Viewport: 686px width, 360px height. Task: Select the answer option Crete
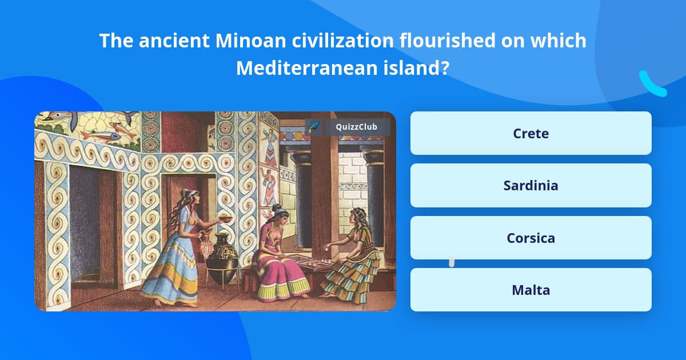pyautogui.click(x=531, y=133)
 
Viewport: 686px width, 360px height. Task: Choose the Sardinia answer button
pyautogui.click(x=531, y=185)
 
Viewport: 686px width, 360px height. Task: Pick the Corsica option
pyautogui.click(x=531, y=238)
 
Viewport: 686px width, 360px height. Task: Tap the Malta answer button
pyautogui.click(x=531, y=290)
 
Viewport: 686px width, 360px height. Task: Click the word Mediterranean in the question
pyautogui.click(x=305, y=69)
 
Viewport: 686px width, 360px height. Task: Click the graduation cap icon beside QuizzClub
pyautogui.click(x=314, y=127)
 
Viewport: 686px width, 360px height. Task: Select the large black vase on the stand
pyautogui.click(x=222, y=257)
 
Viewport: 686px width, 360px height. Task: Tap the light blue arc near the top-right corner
pyautogui.click(x=652, y=85)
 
